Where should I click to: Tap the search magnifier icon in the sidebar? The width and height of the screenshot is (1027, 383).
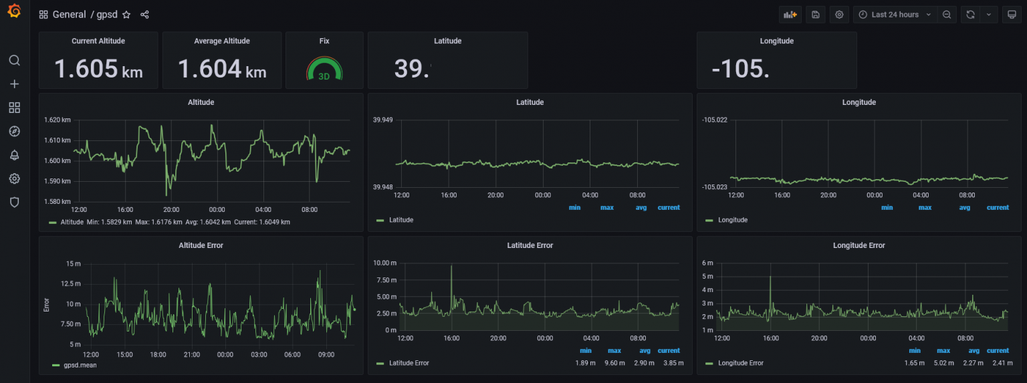click(x=14, y=60)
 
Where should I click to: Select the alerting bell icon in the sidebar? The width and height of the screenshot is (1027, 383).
click(x=14, y=155)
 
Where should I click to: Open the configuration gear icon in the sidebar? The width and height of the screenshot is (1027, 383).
click(x=14, y=178)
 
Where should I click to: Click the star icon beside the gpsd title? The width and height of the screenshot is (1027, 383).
click(x=126, y=15)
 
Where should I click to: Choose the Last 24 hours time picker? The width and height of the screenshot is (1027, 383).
click(x=895, y=15)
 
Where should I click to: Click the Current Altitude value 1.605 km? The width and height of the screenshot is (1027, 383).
click(x=98, y=68)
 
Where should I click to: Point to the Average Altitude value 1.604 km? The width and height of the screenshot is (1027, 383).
click(x=221, y=68)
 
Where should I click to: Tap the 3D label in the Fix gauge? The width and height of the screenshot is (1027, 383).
click(x=324, y=76)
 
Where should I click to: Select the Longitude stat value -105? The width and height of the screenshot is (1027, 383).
click(x=740, y=68)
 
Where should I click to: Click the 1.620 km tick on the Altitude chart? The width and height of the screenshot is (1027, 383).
click(x=57, y=120)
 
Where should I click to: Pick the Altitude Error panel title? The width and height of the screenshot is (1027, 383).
click(x=201, y=245)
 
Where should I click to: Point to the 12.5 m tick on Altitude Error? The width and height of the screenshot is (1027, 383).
click(x=70, y=284)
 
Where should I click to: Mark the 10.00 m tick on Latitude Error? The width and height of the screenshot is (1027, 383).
click(x=384, y=263)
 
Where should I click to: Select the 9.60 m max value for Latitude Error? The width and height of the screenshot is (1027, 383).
click(x=614, y=363)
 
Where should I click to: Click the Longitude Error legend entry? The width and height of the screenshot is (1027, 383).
click(x=740, y=363)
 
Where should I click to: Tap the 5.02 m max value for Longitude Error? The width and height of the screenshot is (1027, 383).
click(x=943, y=363)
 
